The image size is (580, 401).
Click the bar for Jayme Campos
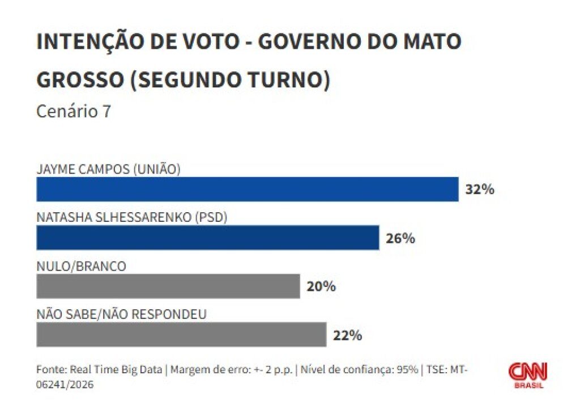[x=247, y=189]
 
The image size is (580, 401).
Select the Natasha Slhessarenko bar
[x=207, y=238]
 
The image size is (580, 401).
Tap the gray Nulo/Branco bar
[x=168, y=286]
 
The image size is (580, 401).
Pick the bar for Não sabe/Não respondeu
[x=181, y=335]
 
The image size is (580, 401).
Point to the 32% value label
[x=480, y=189]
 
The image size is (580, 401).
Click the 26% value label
[x=400, y=238]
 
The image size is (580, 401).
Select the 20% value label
[x=321, y=286]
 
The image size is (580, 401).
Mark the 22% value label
[x=347, y=335]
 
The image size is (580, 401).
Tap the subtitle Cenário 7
[x=74, y=112]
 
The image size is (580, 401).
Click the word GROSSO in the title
[x=79, y=80]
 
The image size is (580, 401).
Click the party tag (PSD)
[x=211, y=217]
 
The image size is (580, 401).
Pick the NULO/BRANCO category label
[x=81, y=266]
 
